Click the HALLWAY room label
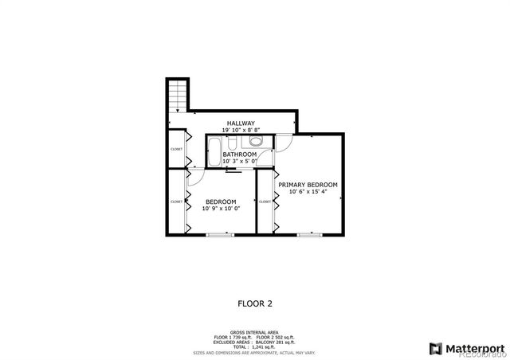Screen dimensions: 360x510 point(240,123)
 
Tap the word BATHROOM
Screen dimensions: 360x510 point(239,154)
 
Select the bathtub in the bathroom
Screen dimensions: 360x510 point(215,151)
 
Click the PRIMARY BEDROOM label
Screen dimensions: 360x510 point(308,184)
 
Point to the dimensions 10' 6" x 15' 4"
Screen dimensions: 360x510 point(308,192)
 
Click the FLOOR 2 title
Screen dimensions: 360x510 point(255,303)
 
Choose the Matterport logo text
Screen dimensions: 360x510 point(468,347)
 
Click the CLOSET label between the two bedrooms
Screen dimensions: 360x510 point(264,202)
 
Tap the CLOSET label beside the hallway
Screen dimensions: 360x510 point(176,149)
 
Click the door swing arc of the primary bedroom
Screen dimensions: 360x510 point(283,143)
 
